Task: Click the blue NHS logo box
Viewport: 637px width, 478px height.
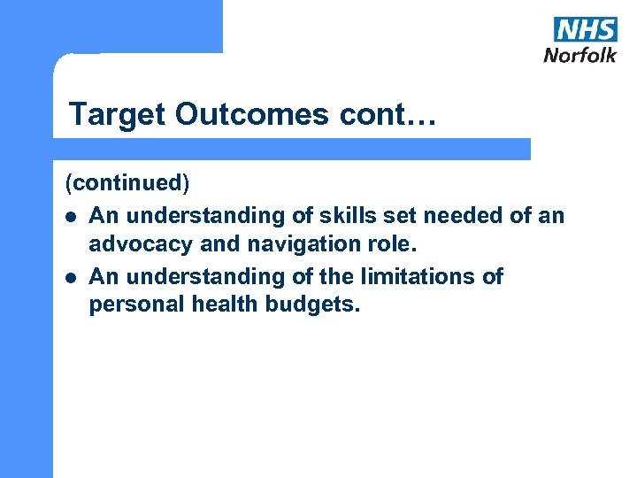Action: (585, 28)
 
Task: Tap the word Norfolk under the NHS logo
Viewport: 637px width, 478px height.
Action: (579, 54)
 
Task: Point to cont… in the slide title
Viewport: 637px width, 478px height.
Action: (400, 114)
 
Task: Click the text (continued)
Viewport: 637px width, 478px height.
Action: (127, 183)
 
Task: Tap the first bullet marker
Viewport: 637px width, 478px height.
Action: (70, 215)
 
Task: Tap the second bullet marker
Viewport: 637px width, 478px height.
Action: (70, 277)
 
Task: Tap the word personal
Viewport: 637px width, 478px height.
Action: (138, 306)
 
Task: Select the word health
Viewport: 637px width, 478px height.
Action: (235, 306)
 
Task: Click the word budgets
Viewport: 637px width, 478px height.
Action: (319, 306)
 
